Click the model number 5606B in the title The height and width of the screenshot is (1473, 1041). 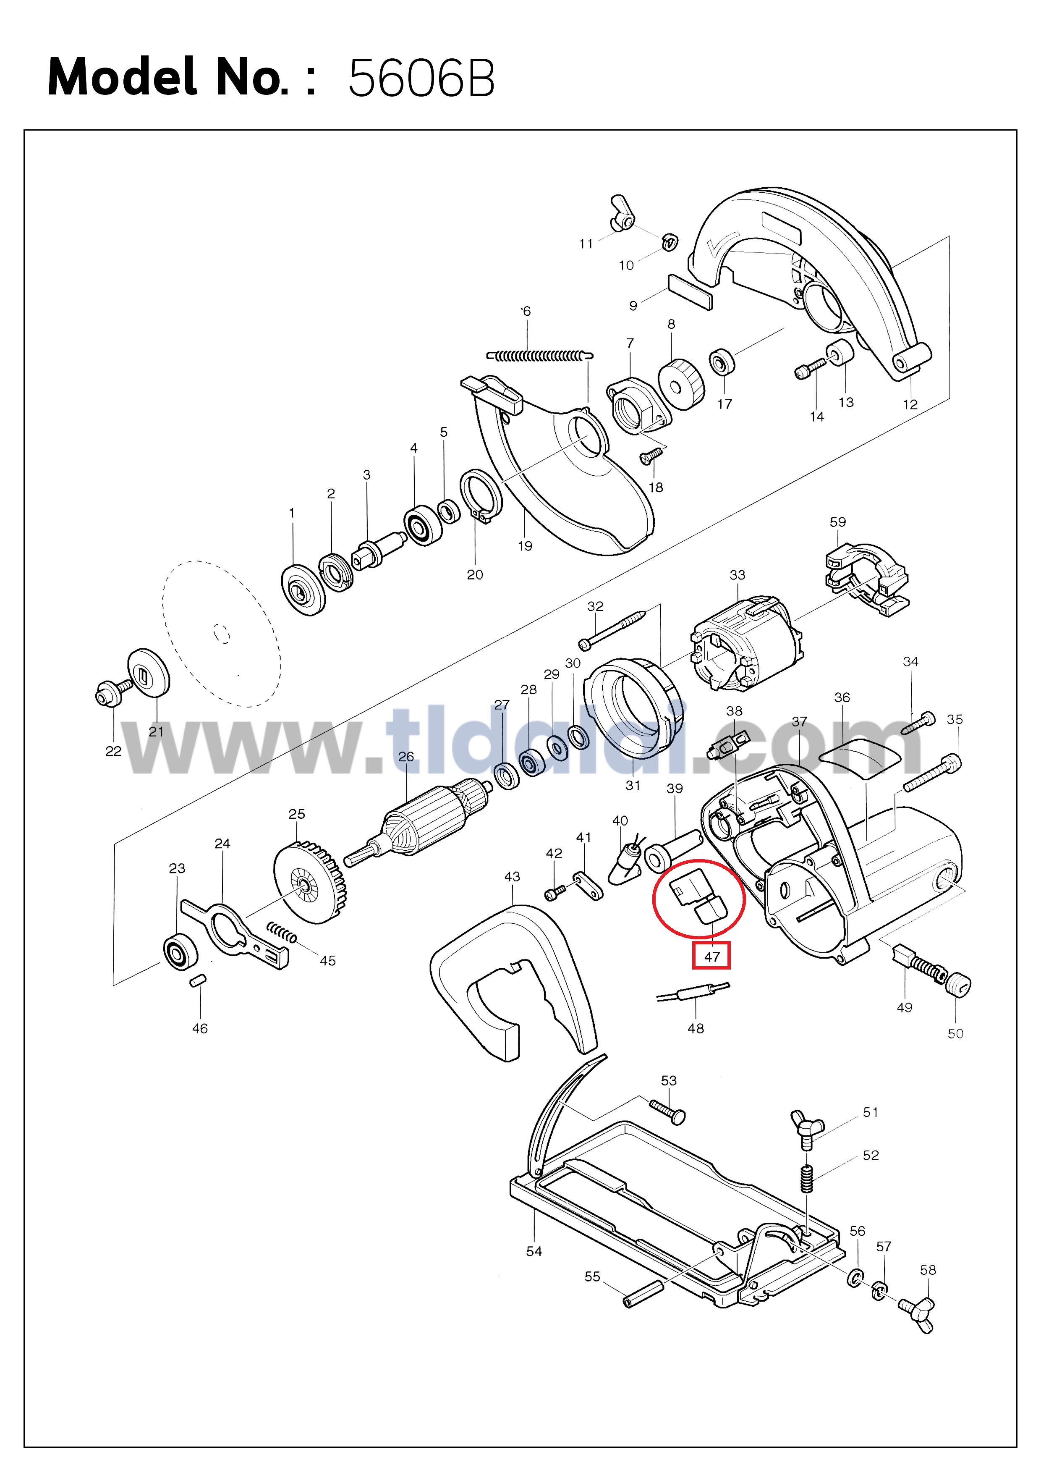(x=421, y=78)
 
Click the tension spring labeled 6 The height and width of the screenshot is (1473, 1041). (x=539, y=355)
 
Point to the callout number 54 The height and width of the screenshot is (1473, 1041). (x=534, y=1251)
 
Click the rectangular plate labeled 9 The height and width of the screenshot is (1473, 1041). (x=690, y=292)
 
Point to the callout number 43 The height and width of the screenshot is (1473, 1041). (x=512, y=876)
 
